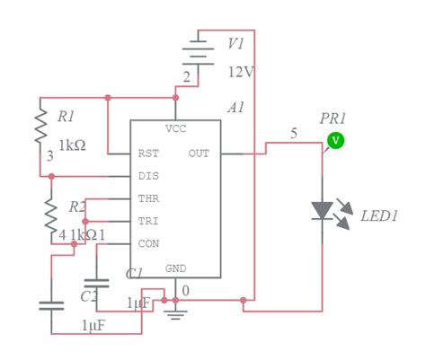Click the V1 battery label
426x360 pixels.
coord(235,43)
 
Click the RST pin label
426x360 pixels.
coord(148,154)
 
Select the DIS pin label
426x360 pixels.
coord(148,176)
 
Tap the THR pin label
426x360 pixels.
coord(148,198)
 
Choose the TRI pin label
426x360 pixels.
coord(148,221)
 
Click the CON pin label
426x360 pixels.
coord(148,243)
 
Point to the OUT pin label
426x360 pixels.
coord(200,154)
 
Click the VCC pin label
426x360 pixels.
coord(176,128)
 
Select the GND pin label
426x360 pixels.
coord(176,268)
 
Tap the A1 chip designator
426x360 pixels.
coord(235,108)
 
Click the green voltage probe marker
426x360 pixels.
coord(334,139)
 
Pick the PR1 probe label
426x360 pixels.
coord(332,119)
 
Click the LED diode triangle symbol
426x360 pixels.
coord(322,211)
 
